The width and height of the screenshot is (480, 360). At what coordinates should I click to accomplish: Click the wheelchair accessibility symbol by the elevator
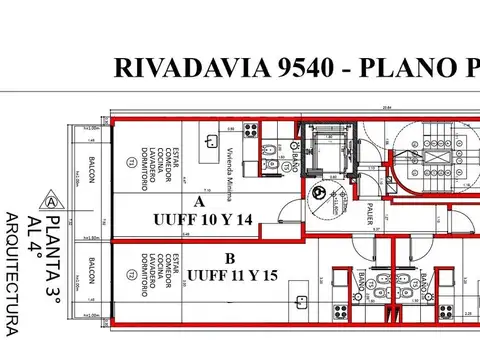point(318,194)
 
